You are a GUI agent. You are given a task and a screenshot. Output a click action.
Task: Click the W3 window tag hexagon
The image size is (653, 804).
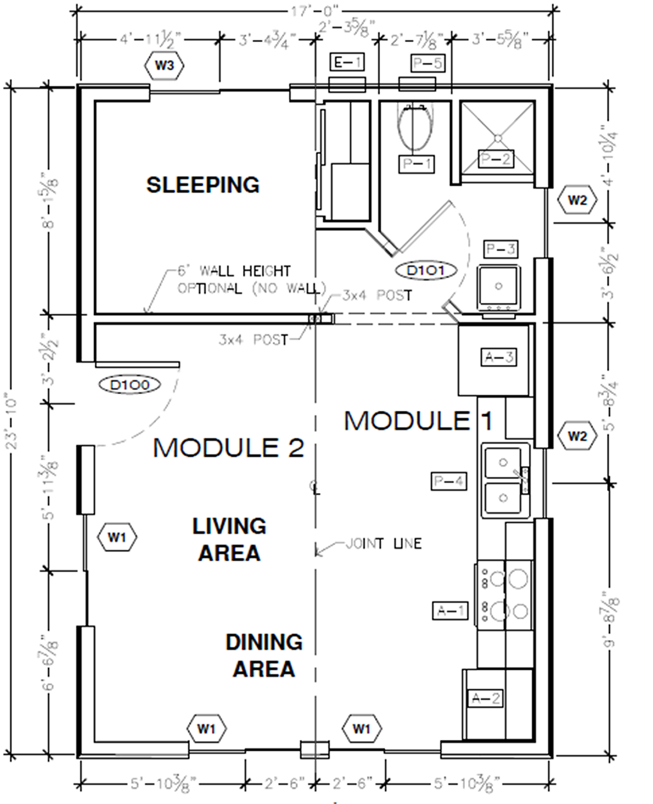164,65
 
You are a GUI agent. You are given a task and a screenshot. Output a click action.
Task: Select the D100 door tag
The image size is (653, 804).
130,384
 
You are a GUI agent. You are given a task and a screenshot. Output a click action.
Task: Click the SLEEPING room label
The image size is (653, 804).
203,185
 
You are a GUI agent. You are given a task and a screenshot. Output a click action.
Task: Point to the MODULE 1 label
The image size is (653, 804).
418,421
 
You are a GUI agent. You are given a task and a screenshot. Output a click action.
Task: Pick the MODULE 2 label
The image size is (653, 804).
228,447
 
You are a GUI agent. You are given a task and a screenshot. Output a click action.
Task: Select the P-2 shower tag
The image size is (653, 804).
496,159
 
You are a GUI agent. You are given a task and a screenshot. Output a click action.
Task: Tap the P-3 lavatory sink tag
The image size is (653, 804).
501,249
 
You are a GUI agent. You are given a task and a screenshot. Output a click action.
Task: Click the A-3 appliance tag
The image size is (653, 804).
498,357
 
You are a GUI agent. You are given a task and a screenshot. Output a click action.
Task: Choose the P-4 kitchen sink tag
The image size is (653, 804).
449,481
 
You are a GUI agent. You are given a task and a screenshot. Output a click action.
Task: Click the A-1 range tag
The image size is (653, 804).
450,610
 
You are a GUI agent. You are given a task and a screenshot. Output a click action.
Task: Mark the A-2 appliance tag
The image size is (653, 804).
485,698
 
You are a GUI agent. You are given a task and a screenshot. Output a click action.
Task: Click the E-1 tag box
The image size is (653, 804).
346,63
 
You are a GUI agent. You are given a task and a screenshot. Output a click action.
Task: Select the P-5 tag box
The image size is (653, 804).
427,63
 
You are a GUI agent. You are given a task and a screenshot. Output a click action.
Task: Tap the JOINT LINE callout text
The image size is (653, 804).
384,543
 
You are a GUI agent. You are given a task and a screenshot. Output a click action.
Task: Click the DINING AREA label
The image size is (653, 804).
264,655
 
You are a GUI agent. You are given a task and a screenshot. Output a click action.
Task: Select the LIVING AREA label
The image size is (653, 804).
229,539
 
